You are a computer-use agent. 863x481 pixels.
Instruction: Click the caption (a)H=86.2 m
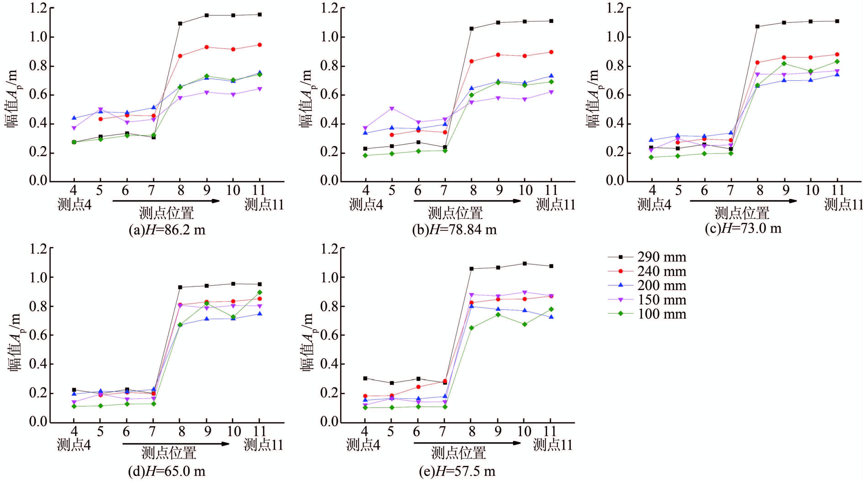(167, 230)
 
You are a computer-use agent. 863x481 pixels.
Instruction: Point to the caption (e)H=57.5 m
(457, 471)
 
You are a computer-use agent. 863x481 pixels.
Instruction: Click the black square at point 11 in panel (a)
(260, 14)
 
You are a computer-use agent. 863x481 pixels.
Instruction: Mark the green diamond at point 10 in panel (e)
(525, 324)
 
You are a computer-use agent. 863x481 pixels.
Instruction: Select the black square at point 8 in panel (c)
(758, 26)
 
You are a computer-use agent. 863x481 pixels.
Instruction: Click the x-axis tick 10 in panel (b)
(525, 191)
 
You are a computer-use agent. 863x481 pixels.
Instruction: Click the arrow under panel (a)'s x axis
(166, 201)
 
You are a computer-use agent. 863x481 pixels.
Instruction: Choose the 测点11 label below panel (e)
(553, 445)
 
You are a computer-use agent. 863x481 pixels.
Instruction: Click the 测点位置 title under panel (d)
(168, 453)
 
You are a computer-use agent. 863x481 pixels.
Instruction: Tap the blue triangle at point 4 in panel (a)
(74, 118)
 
